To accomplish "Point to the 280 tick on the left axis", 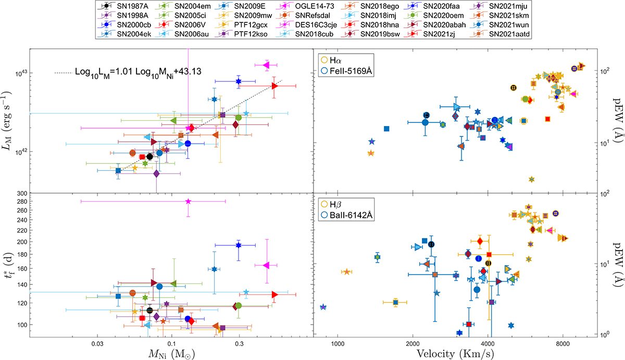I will tap(21, 202).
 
